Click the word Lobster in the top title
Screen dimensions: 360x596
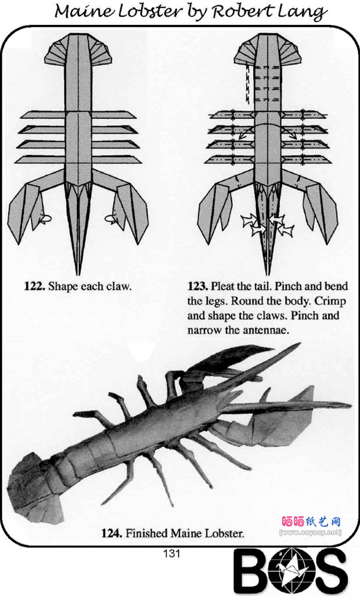pyautogui.click(x=150, y=12)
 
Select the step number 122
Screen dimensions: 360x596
pyautogui.click(x=34, y=286)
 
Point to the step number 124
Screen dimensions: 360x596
pyautogui.click(x=111, y=533)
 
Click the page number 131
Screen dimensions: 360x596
pyautogui.click(x=171, y=554)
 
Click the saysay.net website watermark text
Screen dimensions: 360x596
pyautogui.click(x=310, y=532)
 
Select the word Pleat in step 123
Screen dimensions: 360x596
pyautogui.click(x=223, y=286)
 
